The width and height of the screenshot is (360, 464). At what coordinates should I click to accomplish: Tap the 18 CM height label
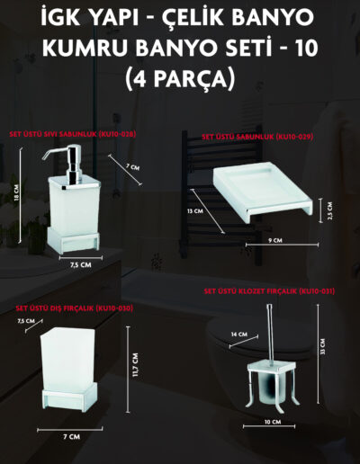16,192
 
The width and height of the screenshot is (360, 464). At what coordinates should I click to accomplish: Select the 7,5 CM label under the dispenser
81,265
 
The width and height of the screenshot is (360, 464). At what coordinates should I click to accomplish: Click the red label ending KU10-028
73,134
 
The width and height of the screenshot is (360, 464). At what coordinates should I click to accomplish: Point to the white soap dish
263,192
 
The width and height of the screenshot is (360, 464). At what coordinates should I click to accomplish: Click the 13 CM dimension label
195,211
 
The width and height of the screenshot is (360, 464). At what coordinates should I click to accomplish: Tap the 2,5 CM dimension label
330,210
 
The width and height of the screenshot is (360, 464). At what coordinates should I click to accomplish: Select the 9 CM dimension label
275,240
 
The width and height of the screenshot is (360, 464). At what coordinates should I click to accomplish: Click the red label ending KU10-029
257,137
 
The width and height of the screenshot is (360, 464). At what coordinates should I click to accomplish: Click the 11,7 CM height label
135,365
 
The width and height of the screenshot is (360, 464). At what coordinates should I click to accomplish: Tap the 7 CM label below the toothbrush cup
71,437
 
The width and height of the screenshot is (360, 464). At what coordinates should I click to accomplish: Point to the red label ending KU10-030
74,308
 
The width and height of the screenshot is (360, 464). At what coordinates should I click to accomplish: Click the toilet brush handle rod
270,333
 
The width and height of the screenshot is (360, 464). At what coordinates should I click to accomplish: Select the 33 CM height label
322,347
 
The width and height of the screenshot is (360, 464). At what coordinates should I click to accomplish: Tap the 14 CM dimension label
239,335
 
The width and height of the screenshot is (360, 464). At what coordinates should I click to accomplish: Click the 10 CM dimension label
273,422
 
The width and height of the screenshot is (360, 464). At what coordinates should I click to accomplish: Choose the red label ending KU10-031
269,291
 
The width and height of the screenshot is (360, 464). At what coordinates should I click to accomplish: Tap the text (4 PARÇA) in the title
180,78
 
